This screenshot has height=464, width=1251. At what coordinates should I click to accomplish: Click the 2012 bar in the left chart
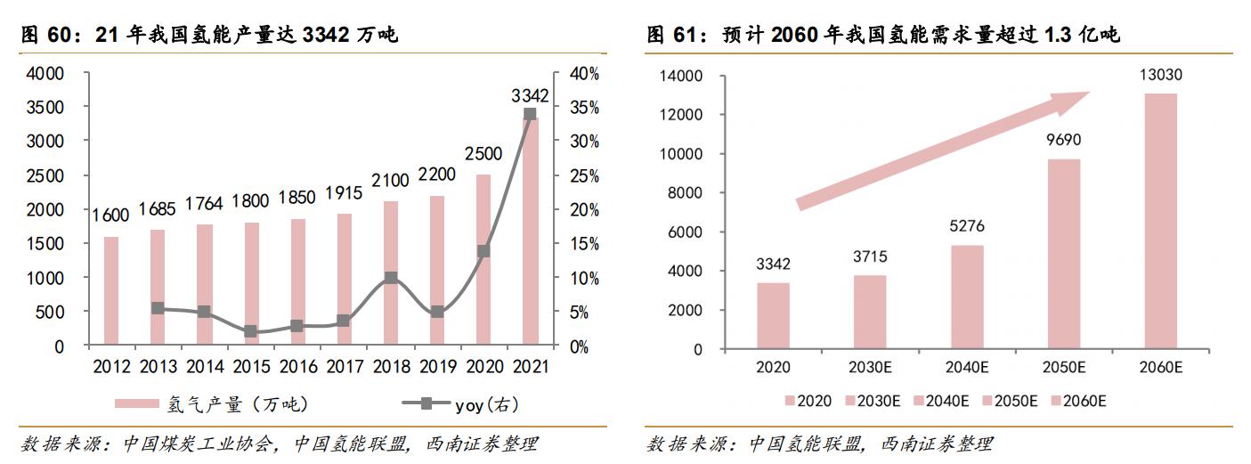coord(111,290)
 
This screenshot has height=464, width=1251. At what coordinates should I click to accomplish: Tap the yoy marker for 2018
coord(390,278)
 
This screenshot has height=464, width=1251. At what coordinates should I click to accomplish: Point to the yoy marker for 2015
coord(250,331)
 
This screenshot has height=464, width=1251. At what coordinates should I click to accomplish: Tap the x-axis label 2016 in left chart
coord(297,366)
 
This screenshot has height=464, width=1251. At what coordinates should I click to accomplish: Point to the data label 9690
coord(1063,140)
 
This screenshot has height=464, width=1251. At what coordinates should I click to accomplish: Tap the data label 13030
coord(1160,74)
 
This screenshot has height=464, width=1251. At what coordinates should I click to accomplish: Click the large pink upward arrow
coord(944,148)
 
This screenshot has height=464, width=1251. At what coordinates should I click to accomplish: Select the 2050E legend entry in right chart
coord(1011,401)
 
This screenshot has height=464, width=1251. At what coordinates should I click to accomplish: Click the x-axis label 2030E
coord(870,366)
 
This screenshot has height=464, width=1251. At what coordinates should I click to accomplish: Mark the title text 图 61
coord(670,36)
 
